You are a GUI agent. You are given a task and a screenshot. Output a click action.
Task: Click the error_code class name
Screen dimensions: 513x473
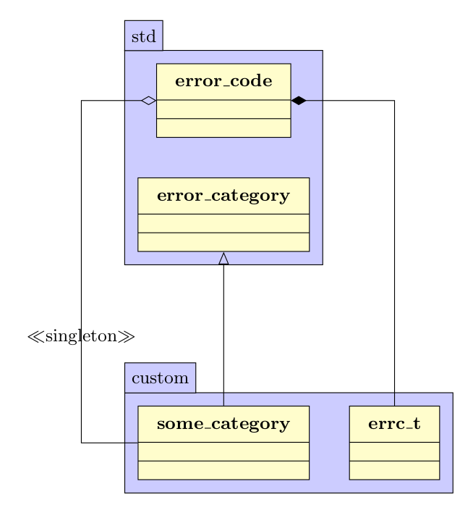[x=223, y=81]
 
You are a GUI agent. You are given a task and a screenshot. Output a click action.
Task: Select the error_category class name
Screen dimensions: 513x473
[x=223, y=196]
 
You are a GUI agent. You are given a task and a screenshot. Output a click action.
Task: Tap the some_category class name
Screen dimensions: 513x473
[x=223, y=424]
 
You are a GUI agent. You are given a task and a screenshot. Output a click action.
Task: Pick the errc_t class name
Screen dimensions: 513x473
[x=394, y=424]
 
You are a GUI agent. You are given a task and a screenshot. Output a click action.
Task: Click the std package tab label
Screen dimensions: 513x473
[x=143, y=37]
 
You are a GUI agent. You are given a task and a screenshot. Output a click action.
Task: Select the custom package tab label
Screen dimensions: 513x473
[x=160, y=378]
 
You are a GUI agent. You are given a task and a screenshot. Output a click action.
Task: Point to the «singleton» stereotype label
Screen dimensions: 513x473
[x=81, y=336]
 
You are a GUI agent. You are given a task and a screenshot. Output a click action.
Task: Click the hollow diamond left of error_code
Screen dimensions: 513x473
[x=148, y=101]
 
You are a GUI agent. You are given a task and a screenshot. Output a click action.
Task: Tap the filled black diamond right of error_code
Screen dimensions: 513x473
[x=298, y=101]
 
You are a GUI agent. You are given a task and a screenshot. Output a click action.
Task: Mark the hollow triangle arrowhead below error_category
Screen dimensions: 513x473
[x=223, y=259]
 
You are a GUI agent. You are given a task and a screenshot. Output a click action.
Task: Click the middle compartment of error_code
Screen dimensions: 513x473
[x=223, y=109]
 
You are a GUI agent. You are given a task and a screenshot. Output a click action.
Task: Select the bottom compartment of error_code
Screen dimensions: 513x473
[x=223, y=128]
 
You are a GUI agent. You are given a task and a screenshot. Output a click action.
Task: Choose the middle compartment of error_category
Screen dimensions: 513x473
[x=223, y=223]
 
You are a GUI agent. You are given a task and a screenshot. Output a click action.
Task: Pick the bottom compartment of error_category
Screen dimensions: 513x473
[x=223, y=242]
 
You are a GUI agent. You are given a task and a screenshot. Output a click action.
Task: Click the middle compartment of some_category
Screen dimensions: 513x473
[x=223, y=451]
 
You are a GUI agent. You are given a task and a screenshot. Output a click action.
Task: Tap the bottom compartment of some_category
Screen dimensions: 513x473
[x=223, y=470]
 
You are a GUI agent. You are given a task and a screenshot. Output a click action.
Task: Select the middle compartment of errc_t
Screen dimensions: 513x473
[x=394, y=451]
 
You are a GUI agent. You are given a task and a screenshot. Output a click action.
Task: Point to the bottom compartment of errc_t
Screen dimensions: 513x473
[x=394, y=470]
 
